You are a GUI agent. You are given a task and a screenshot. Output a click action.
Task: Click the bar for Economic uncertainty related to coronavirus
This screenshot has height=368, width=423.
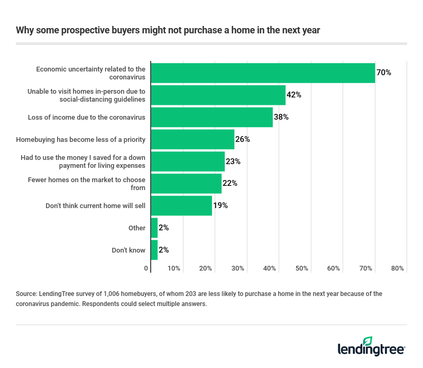pos(263,73)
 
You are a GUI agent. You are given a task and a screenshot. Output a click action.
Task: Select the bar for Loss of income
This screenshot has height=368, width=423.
pos(212,117)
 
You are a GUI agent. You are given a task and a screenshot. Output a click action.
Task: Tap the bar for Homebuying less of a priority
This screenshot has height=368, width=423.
pos(192,139)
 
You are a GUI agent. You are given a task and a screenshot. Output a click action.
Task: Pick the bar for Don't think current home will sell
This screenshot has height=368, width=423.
pos(181,205)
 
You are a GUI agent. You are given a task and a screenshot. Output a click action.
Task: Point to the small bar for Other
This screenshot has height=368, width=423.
pos(154,228)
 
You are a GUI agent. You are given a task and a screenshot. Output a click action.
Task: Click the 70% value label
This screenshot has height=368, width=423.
pos(384,73)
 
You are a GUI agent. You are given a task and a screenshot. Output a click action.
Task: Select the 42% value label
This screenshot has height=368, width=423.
pos(294,95)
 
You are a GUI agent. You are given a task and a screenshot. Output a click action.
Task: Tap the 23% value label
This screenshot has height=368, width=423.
pos(233,161)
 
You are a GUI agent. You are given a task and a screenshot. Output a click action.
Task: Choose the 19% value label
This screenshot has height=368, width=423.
pos(220,205)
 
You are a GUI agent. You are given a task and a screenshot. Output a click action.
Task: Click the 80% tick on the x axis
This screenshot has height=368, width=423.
pos(397,268)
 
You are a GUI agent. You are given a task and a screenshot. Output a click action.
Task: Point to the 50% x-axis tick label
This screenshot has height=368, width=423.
pos(302,268)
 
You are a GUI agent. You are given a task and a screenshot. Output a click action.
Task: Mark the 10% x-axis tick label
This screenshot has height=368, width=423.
pos(174,268)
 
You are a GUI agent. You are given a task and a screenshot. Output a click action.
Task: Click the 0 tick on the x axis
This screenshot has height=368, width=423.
pos(146,268)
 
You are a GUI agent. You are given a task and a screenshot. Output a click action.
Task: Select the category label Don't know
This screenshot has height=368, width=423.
pos(128,250)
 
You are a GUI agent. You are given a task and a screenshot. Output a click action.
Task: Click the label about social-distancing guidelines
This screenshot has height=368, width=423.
pos(86,95)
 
